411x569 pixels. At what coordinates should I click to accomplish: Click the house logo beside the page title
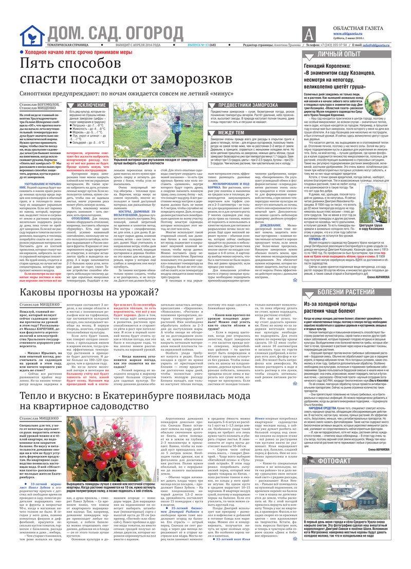[x=32, y=35]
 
